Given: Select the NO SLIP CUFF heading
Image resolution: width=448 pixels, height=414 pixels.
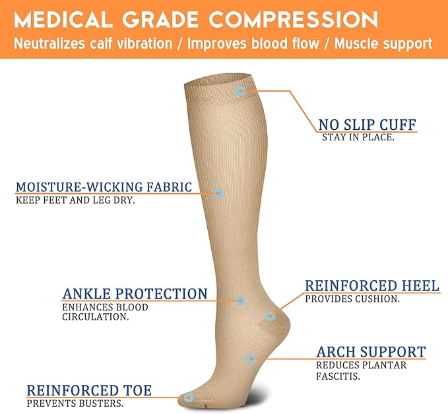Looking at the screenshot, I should point(368,125).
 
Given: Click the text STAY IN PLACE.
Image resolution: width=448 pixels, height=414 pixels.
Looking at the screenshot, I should point(358,138).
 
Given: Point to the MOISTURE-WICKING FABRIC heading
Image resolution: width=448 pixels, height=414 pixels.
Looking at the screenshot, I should point(104,187).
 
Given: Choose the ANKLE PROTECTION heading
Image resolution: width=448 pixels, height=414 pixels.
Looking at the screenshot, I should point(135,294).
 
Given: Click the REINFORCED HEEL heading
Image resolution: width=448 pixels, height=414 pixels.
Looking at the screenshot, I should point(371,286).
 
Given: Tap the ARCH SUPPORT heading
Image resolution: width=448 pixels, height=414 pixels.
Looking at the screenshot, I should point(371,352).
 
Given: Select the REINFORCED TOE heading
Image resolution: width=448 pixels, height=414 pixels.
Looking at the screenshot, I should point(89,391).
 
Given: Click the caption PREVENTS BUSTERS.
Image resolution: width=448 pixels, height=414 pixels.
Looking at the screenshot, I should point(75,403).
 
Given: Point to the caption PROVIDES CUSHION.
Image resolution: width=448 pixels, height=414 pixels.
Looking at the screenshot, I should point(352,299).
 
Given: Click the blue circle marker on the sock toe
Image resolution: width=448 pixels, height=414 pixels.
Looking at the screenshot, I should point(189,398).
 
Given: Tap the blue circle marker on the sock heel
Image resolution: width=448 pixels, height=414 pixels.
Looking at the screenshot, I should point(270,316).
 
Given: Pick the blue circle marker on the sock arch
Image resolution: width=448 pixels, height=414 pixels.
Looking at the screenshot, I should point(251,359).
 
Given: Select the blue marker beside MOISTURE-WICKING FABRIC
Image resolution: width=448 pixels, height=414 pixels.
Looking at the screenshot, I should point(218,193).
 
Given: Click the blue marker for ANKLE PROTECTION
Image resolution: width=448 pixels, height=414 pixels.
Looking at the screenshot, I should point(240,301).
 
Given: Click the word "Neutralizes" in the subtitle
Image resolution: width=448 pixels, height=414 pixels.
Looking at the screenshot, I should point(53,44).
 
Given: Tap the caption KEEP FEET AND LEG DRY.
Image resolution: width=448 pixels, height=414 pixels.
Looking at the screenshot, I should point(75,200).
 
